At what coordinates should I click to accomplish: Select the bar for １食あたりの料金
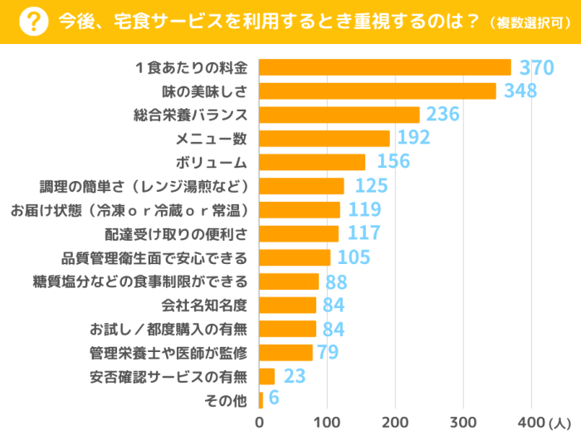[385, 67]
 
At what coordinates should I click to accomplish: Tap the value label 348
[521, 91]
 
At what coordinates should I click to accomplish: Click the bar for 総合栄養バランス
[339, 115]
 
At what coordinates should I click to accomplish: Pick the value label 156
[393, 162]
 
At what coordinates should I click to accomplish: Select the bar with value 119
[300, 210]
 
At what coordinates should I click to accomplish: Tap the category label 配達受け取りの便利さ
[175, 234]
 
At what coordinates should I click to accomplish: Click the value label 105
[354, 257]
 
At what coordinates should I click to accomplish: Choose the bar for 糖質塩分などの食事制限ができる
[290, 281]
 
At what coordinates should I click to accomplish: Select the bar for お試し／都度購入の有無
[288, 329]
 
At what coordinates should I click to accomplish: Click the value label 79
[327, 353]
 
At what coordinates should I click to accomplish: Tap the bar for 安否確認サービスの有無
[267, 377]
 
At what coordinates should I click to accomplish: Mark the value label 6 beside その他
[274, 400]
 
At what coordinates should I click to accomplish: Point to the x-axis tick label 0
[260, 423]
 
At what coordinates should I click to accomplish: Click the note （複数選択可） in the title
[529, 22]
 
